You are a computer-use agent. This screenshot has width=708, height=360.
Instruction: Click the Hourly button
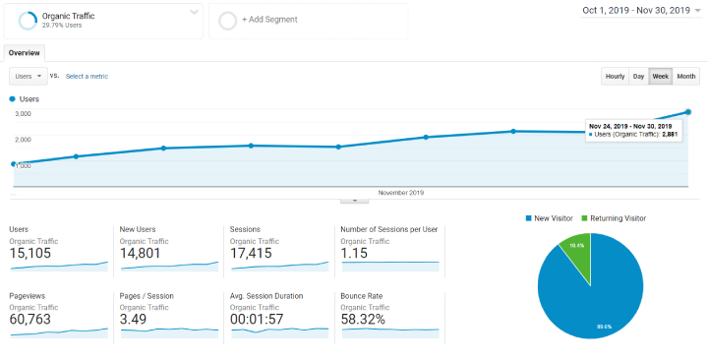[615, 76]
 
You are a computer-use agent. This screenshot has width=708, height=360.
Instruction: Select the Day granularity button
[638, 76]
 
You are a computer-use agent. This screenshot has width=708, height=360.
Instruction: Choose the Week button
[660, 76]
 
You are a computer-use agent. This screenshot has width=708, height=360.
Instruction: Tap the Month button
[686, 76]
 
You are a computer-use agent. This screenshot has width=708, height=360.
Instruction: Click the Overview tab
[25, 53]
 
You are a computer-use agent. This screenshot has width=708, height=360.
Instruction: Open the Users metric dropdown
[28, 76]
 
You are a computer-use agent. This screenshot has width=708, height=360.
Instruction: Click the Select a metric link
[87, 76]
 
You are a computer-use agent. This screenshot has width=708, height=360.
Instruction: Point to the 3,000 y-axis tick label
[23, 114]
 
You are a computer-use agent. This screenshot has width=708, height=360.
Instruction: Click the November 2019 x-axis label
[400, 192]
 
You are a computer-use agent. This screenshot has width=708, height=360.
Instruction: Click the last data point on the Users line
[687, 112]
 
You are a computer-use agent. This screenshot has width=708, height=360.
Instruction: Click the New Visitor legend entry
[553, 217]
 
